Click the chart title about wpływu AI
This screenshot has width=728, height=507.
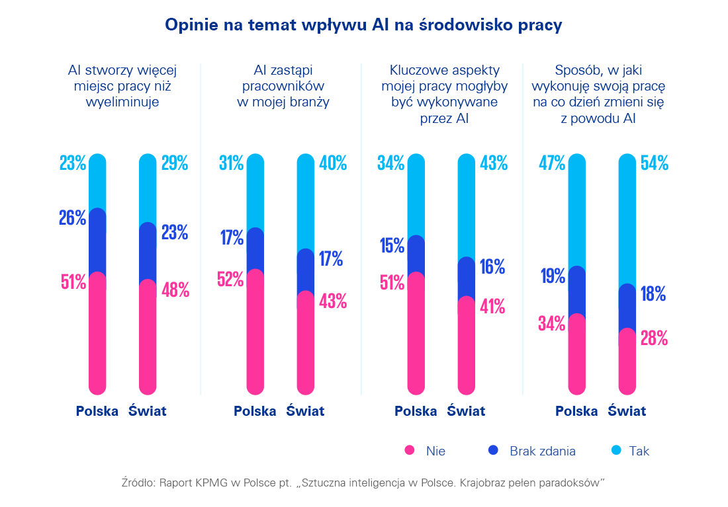click(363, 25)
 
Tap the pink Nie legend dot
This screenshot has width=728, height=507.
click(410, 451)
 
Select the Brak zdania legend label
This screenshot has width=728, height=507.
click(542, 451)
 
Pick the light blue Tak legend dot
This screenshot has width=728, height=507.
click(615, 451)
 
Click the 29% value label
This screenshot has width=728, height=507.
click(175, 163)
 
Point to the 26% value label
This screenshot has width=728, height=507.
click(72, 217)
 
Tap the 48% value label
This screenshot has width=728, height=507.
click(175, 290)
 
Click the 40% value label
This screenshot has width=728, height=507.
click(332, 163)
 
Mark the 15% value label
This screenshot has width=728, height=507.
click(392, 246)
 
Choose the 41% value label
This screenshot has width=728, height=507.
click(492, 307)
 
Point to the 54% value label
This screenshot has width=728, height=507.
click(654, 163)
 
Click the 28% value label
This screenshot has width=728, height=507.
click(653, 338)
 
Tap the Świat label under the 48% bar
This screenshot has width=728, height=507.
click(147, 411)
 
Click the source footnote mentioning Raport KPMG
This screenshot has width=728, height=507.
click(363, 483)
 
